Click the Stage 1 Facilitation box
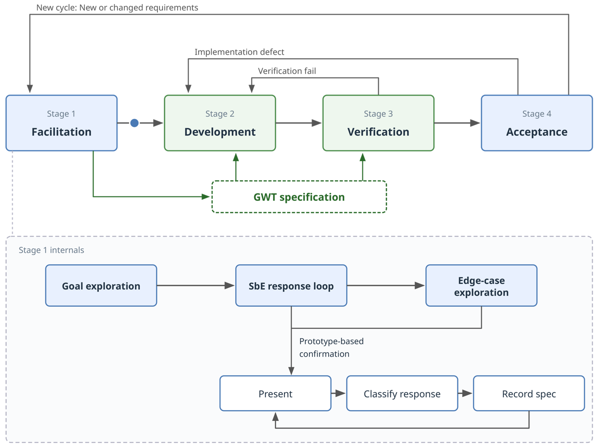61,123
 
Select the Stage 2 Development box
220,123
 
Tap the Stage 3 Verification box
378,123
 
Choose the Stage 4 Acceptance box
537,123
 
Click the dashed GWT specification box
299,197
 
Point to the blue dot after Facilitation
134,123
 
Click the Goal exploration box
101,285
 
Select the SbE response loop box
291,285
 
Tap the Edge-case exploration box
481,285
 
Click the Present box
275,393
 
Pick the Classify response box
402,393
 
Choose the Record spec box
529,393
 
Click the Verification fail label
287,71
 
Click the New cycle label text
117,8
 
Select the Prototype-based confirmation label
331,347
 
